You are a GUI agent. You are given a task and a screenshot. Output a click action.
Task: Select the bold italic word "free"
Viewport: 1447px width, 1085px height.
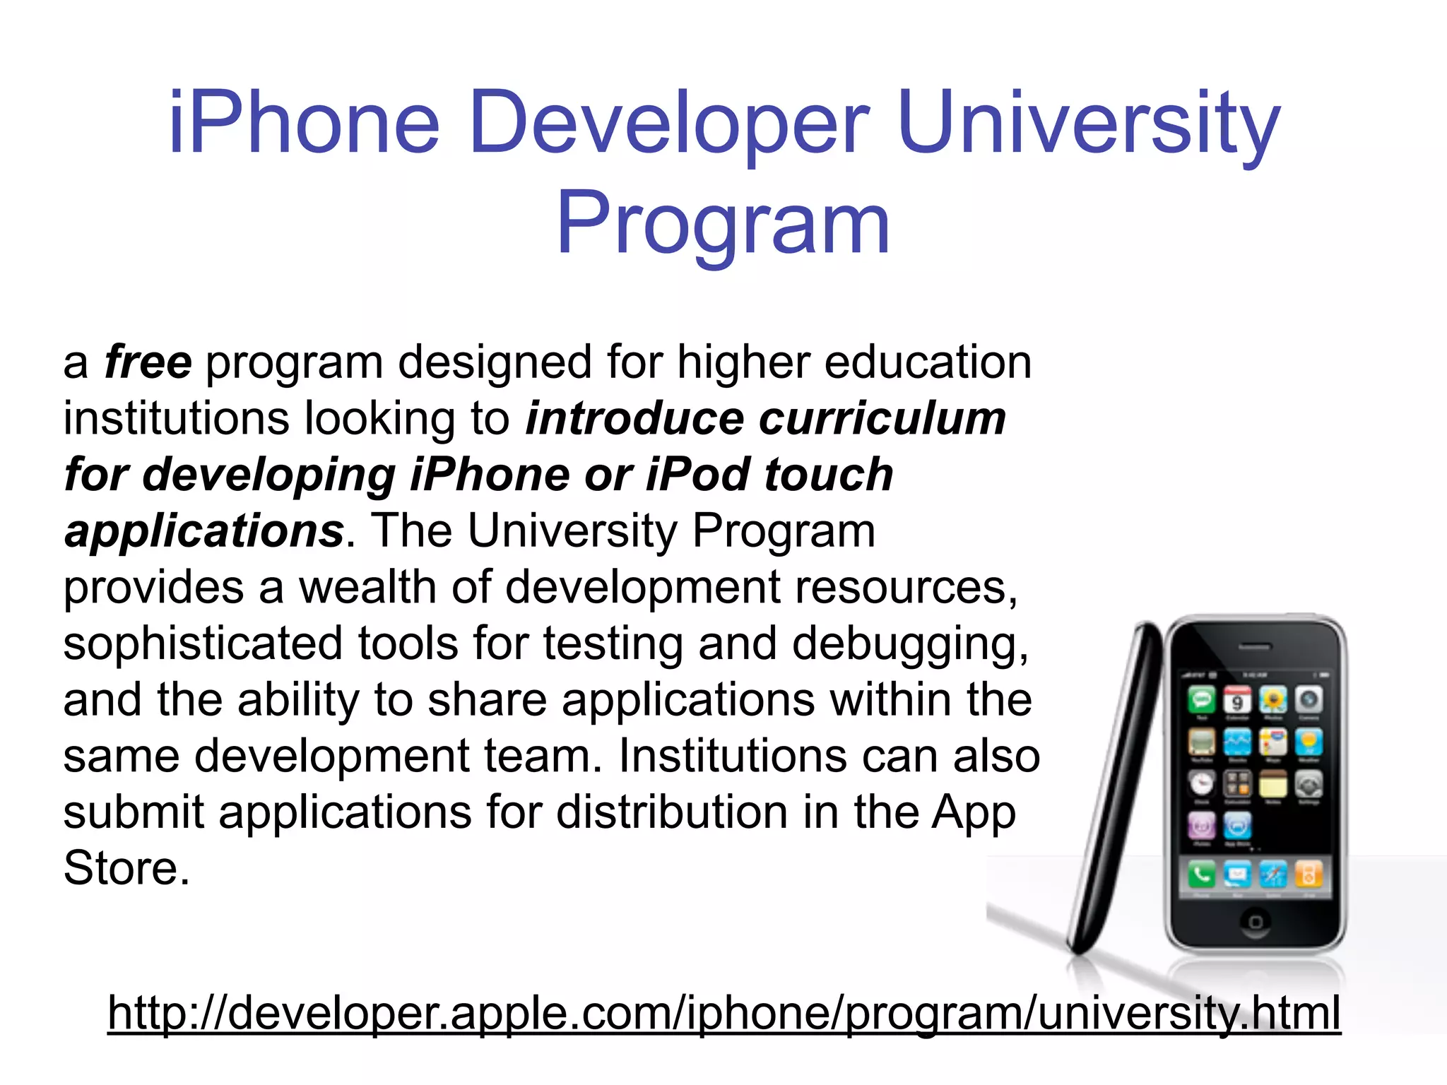coord(148,362)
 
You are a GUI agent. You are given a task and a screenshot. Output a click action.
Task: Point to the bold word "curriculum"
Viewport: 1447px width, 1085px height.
coord(882,418)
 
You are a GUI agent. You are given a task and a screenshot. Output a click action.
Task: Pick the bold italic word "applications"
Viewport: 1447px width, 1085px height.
coord(204,530)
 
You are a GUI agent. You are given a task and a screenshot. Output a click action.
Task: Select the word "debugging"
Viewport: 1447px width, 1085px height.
coord(909,644)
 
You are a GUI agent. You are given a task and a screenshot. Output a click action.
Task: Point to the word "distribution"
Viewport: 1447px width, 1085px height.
coord(671,812)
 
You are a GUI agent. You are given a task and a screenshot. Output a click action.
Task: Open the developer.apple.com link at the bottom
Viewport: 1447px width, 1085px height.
coord(723,1013)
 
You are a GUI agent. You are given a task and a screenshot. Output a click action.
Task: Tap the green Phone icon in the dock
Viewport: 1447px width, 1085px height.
coord(1201,874)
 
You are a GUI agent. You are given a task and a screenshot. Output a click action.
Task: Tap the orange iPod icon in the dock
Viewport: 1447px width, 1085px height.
coord(1308,874)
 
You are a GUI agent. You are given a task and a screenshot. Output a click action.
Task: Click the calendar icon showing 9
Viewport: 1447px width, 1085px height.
coord(1237,700)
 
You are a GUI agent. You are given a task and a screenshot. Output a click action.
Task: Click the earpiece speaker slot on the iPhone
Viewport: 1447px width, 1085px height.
coord(1255,646)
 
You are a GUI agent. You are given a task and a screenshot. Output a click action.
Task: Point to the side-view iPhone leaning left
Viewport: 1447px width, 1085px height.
coord(1116,784)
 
